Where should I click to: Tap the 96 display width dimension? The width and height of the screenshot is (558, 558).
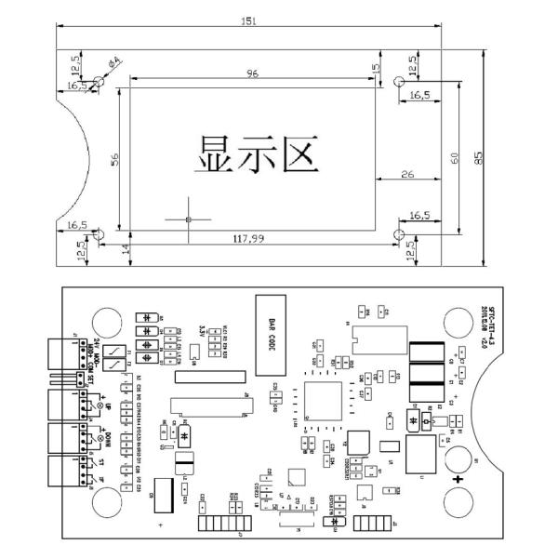click(251, 73)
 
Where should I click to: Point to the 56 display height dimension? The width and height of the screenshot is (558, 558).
click(115, 159)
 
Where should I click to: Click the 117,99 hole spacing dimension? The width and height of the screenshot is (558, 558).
click(248, 239)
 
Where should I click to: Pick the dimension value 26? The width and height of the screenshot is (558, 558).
click(407, 174)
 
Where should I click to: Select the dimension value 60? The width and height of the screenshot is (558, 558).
click(453, 159)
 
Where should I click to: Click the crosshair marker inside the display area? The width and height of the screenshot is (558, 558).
click(188, 219)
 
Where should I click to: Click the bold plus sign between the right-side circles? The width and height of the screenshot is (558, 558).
click(458, 481)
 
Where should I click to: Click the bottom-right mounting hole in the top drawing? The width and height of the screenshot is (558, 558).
click(398, 232)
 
